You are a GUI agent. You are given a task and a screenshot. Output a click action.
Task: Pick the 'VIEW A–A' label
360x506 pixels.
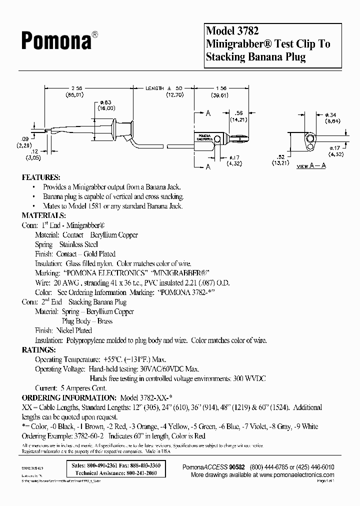click(x=311, y=165)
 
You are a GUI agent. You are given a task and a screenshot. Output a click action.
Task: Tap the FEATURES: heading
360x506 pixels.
click(x=41, y=177)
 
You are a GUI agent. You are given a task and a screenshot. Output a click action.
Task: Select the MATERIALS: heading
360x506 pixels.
click(x=44, y=215)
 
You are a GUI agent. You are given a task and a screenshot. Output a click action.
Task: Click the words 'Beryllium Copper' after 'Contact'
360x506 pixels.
click(x=114, y=234)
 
